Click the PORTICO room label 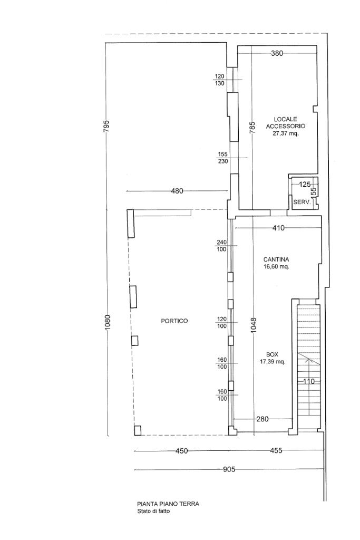tap(174, 321)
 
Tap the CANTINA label tap(276, 259)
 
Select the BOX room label tap(272, 354)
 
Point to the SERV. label tap(302, 202)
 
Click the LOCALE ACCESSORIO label tap(286, 123)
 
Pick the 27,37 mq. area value tap(286, 133)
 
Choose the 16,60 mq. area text tap(276, 266)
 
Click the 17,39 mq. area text tap(273, 362)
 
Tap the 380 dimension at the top tap(277, 53)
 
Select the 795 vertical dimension tap(106, 127)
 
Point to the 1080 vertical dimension tap(108, 323)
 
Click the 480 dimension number tap(177, 191)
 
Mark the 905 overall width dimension tap(229, 469)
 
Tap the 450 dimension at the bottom tap(182, 451)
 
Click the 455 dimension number tap(276, 450)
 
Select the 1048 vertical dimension tap(254, 324)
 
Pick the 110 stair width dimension tap(309, 382)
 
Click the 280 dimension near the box tap(262, 419)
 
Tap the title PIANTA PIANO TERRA tap(168, 504)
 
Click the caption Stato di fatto tap(153, 512)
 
